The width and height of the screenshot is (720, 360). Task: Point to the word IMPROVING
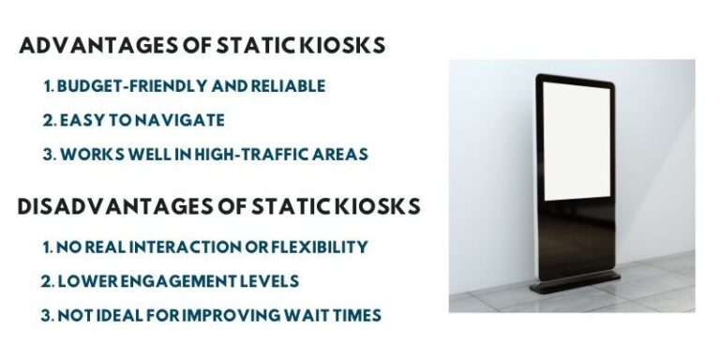[x=231, y=315]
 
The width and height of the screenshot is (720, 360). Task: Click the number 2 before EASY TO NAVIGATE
[x=47, y=120]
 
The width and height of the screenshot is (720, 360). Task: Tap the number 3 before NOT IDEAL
[x=47, y=315]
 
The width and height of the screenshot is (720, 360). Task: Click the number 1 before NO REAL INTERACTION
[x=47, y=247]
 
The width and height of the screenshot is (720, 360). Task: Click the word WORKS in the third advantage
[x=86, y=154]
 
